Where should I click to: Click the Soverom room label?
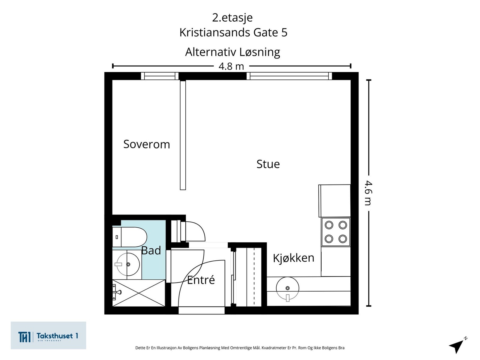(147, 144)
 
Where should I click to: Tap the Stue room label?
(268, 164)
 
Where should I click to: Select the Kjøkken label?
(293, 258)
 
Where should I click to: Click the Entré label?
(201, 280)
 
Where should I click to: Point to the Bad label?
(151, 250)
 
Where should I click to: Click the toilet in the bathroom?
(130, 237)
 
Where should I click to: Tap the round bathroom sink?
(128, 264)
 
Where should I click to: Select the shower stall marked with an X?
(139, 293)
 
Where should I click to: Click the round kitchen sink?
(287, 288)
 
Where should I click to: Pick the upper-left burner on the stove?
(329, 225)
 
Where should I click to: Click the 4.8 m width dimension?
(231, 66)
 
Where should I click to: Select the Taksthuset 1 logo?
(48, 336)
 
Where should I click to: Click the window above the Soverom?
(160, 76)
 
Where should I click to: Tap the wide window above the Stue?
(289, 76)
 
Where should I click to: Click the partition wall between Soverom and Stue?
(183, 135)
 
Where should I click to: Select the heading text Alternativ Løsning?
(232, 52)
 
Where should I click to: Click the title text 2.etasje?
(232, 17)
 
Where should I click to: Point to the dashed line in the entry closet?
(254, 276)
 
